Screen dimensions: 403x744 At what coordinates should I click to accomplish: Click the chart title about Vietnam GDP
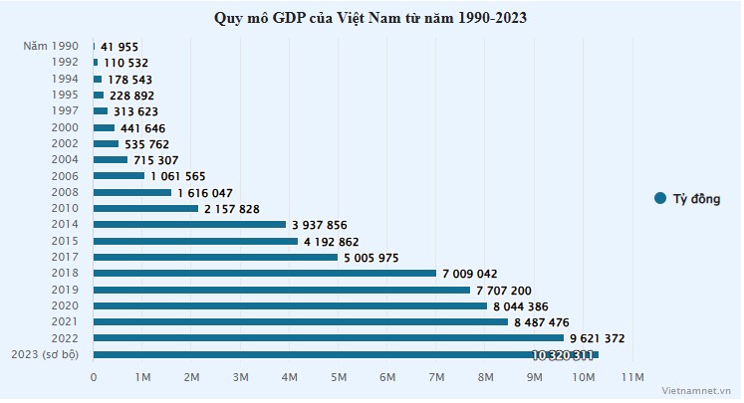click(x=371, y=18)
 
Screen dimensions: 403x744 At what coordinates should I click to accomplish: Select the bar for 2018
click(x=265, y=273)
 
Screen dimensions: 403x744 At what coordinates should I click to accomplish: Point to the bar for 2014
click(x=189, y=225)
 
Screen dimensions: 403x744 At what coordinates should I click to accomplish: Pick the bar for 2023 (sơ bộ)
click(x=346, y=354)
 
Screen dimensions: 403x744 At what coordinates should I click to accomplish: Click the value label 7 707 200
click(x=509, y=290)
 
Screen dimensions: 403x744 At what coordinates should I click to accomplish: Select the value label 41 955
click(x=121, y=47)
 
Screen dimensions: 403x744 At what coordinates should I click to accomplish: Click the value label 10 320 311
click(x=563, y=355)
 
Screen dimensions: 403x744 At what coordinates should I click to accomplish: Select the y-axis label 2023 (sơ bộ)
click(x=48, y=354)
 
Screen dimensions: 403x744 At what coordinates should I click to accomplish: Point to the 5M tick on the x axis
click(x=339, y=378)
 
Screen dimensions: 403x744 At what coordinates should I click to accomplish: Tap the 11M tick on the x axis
click(x=632, y=378)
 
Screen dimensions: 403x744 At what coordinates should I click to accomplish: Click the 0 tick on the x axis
click(x=94, y=378)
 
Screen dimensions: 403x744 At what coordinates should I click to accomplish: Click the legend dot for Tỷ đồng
click(x=659, y=198)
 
